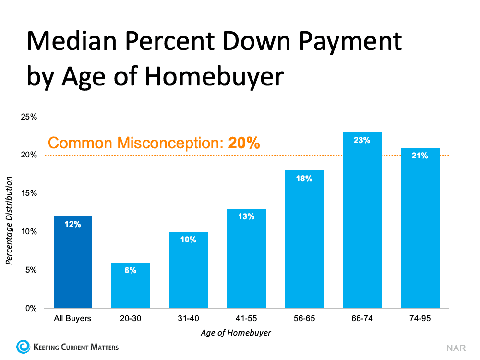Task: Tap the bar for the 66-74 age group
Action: (x=362, y=221)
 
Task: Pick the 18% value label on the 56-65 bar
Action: (x=304, y=179)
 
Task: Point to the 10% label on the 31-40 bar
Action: (x=189, y=240)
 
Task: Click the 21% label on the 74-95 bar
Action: (x=420, y=156)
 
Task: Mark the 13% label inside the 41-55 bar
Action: (x=246, y=216)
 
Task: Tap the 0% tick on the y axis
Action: (x=31, y=308)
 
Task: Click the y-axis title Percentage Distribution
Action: (x=9, y=219)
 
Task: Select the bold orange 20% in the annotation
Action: (x=244, y=143)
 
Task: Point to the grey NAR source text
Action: (x=456, y=348)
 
